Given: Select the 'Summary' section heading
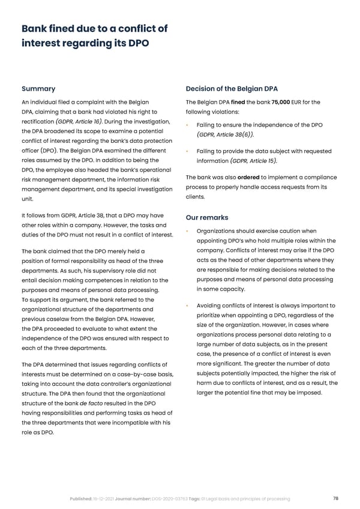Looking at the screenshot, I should point(38,89).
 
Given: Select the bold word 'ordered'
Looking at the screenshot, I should point(248,177).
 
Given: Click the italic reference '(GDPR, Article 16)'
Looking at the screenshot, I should point(80,121).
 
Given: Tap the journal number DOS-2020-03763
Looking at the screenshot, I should point(175,499).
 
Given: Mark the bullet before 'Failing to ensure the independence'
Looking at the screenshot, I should point(188,125).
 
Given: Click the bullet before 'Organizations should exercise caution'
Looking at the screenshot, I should point(188,231).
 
